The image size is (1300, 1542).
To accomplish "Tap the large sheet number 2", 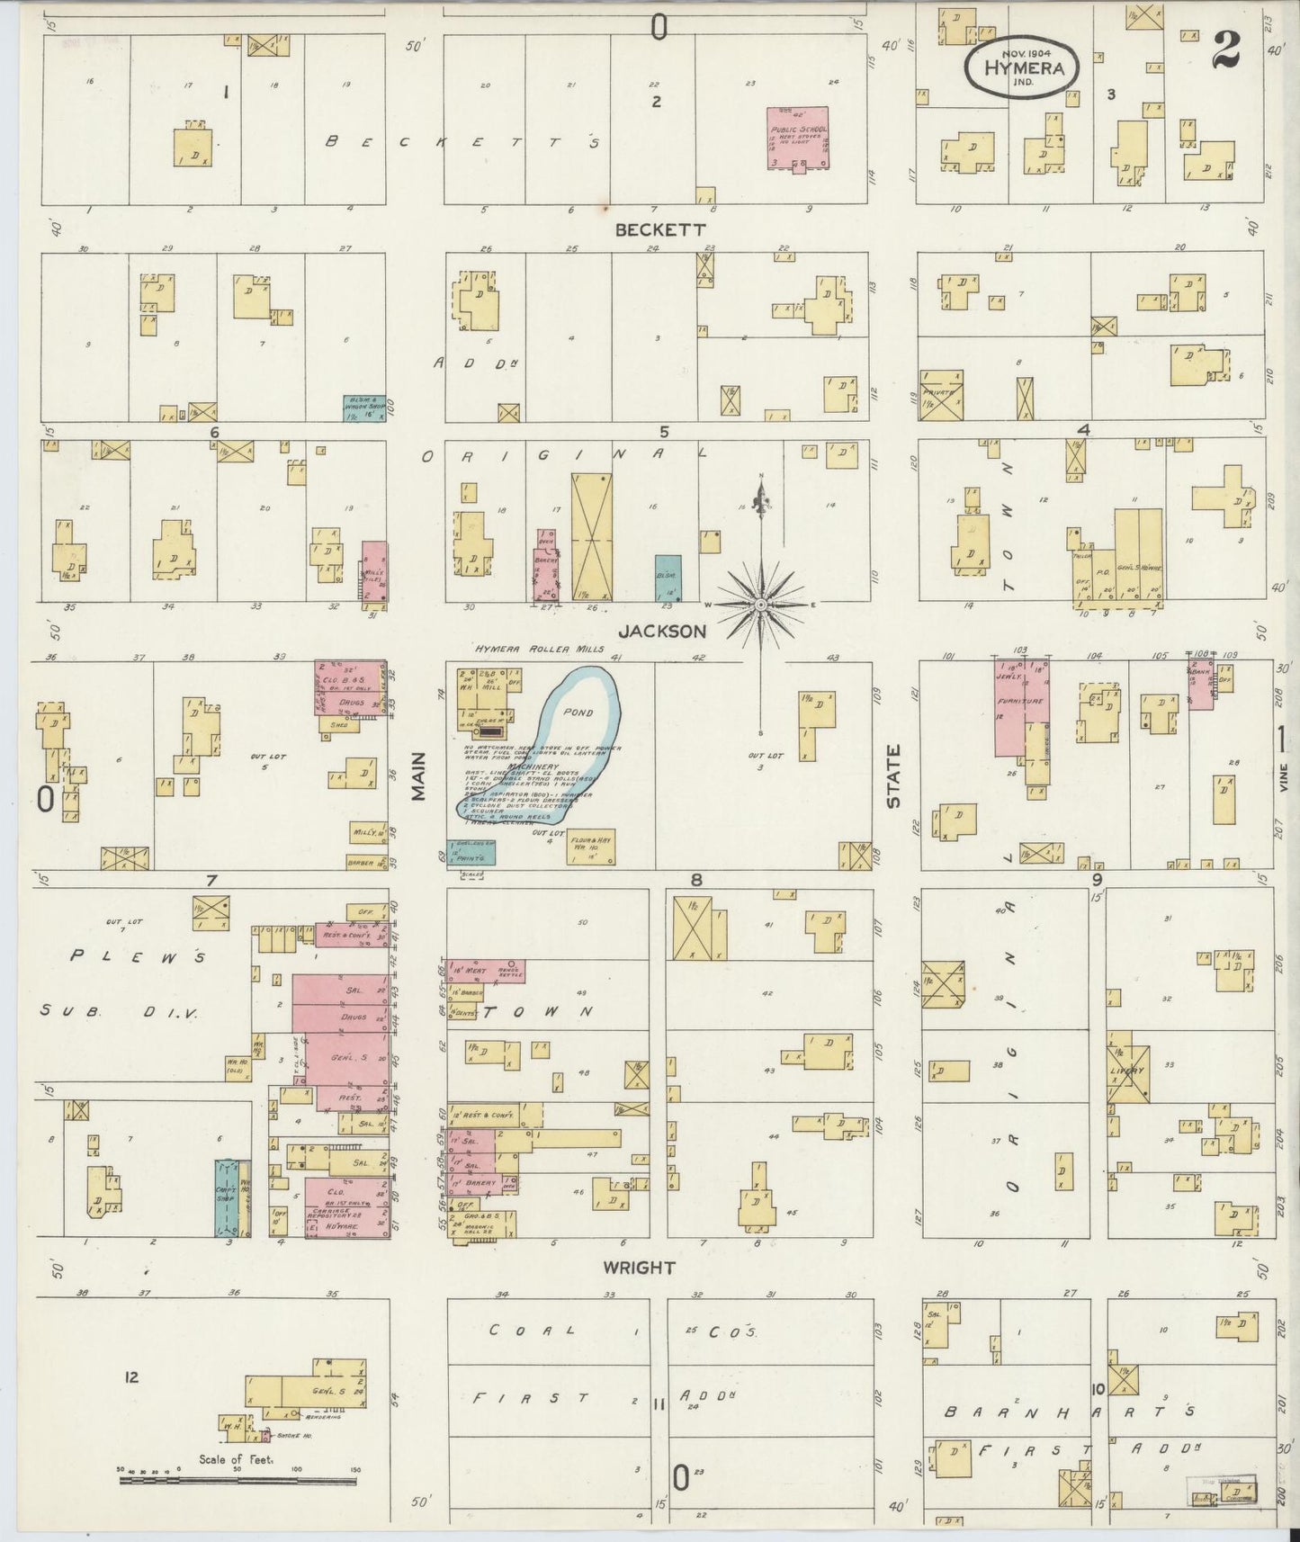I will point(1225,51).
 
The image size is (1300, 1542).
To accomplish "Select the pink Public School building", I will point(797,138).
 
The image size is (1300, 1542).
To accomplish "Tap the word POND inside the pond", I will point(578,712).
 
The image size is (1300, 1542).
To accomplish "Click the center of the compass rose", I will point(762,605).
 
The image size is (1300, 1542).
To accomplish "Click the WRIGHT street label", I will point(639,1268).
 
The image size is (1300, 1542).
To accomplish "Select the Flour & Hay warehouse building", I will point(591,846).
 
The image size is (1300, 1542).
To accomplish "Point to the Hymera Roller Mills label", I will point(541,649).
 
